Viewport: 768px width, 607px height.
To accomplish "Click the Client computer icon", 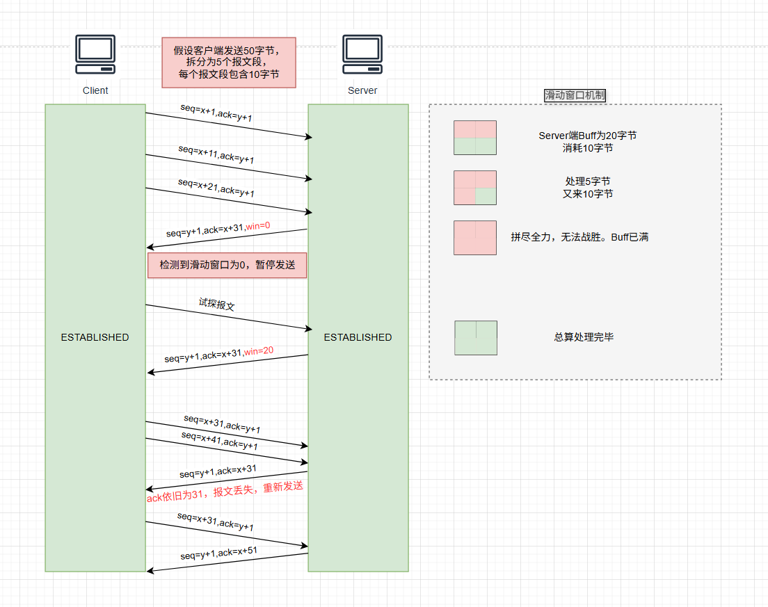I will [95, 56].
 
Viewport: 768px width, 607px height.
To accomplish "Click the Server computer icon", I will [362, 56].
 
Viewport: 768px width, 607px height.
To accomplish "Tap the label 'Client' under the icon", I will [95, 90].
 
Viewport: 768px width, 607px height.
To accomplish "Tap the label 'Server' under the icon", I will [362, 90].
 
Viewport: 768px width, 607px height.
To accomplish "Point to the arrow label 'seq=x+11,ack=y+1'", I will [216, 154].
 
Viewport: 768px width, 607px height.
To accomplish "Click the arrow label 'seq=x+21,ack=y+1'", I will [216, 188].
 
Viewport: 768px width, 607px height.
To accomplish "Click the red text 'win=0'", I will [257, 225].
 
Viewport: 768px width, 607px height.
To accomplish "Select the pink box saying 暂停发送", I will [227, 265].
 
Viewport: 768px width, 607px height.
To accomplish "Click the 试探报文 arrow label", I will [216, 305].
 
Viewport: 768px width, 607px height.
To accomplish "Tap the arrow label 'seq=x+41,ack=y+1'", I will [219, 440].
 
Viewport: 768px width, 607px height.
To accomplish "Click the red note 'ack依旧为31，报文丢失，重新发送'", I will [225, 492].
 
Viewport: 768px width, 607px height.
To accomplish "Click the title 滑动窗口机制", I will [575, 95].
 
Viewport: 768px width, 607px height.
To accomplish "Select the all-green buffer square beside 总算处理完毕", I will [476, 338].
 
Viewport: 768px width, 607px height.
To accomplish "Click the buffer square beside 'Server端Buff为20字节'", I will [475, 138].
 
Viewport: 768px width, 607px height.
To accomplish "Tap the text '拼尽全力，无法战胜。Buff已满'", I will [579, 237].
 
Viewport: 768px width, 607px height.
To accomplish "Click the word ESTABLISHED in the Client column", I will [95, 337].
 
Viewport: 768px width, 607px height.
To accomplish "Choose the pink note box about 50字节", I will [229, 63].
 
